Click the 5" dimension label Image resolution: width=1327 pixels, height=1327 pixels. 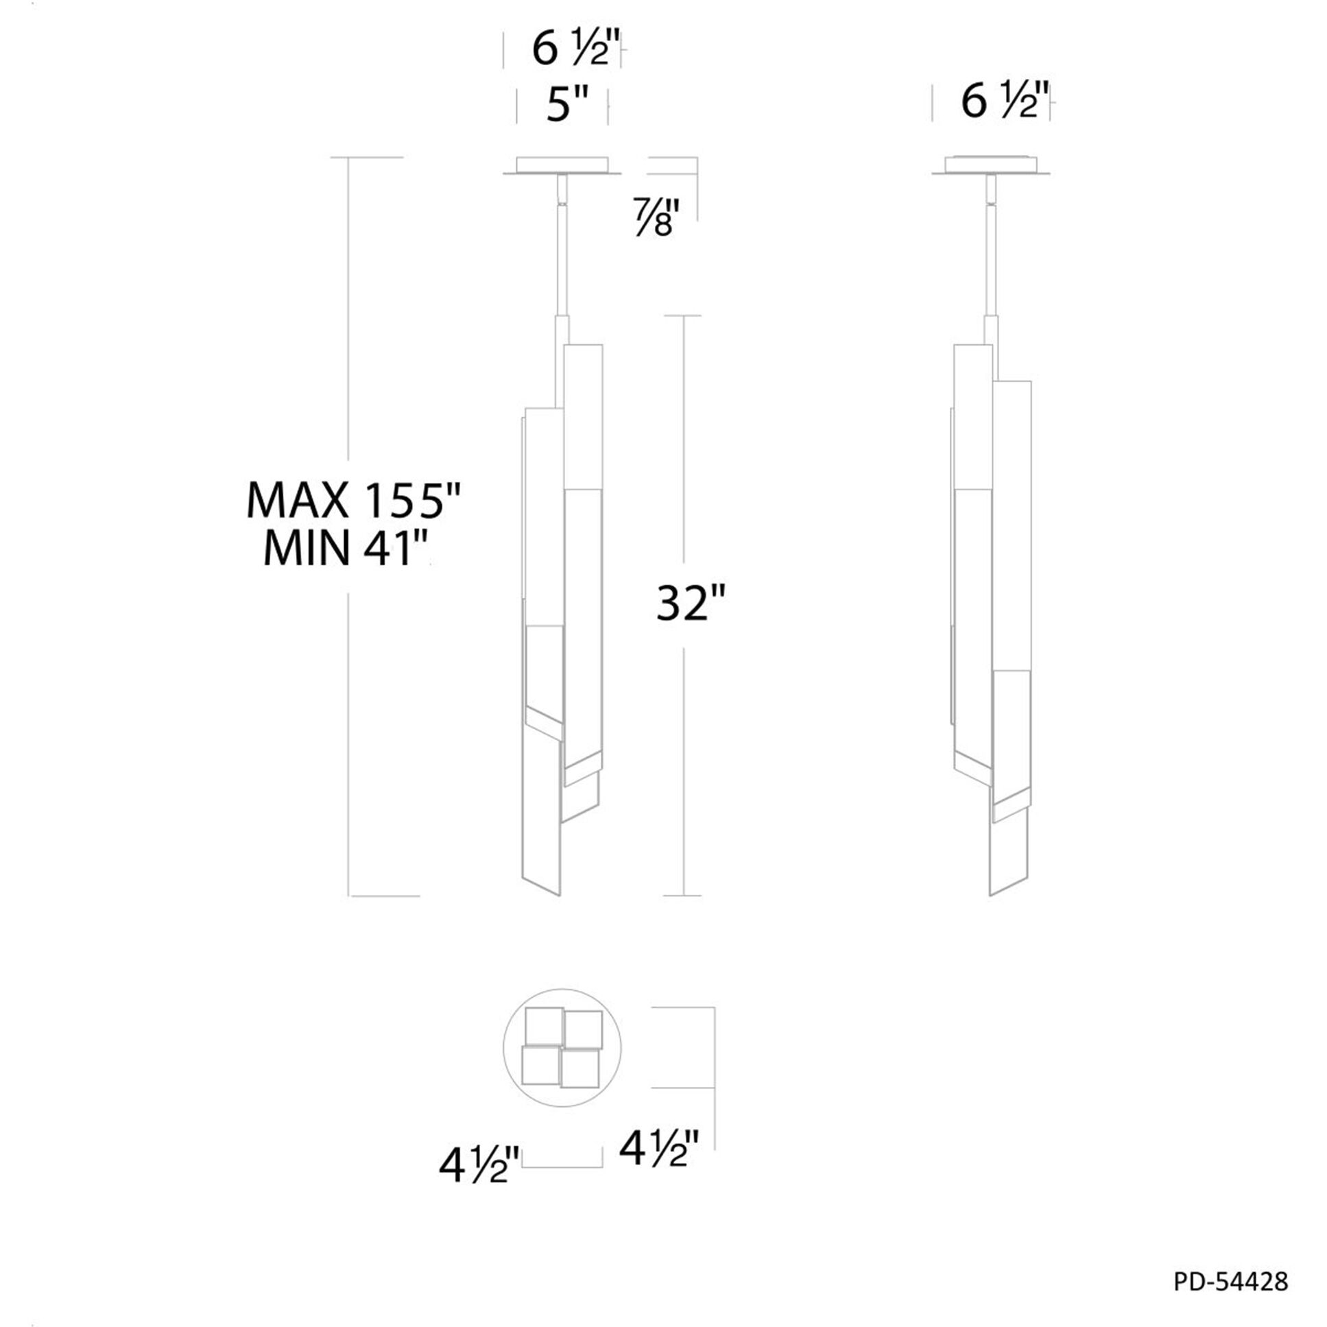click(x=567, y=106)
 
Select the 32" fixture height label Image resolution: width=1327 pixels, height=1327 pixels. click(x=691, y=603)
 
